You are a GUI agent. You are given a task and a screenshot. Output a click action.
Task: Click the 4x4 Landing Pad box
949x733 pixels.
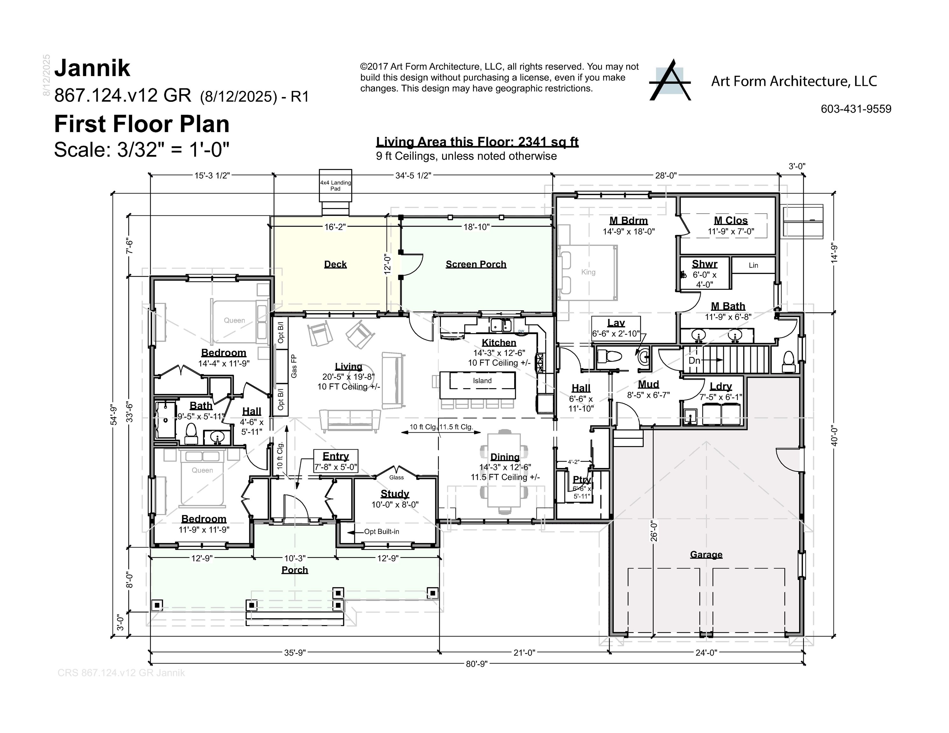click(x=335, y=186)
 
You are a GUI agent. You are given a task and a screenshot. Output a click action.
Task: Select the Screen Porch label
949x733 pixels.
click(x=476, y=264)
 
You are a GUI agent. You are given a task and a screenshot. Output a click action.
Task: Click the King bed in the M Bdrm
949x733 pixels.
click(x=588, y=272)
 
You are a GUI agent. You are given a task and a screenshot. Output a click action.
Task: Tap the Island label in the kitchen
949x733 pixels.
click(x=482, y=381)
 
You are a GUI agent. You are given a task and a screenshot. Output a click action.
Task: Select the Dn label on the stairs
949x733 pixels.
click(x=694, y=360)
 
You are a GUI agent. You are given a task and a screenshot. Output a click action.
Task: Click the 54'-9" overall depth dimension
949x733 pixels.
click(x=114, y=415)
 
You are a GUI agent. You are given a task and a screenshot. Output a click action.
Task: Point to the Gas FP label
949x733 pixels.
click(x=294, y=366)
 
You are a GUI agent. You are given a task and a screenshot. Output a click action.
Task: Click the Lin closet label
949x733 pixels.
click(x=753, y=265)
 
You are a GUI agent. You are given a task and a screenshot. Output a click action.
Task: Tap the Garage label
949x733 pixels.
click(x=706, y=555)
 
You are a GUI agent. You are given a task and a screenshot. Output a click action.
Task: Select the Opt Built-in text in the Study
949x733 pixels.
click(x=381, y=532)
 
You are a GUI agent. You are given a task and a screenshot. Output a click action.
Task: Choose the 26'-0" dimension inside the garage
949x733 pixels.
click(x=654, y=531)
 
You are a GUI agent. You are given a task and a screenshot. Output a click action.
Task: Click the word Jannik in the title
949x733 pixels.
click(x=92, y=68)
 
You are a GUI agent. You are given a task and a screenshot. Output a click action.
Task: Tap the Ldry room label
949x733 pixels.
click(x=720, y=386)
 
